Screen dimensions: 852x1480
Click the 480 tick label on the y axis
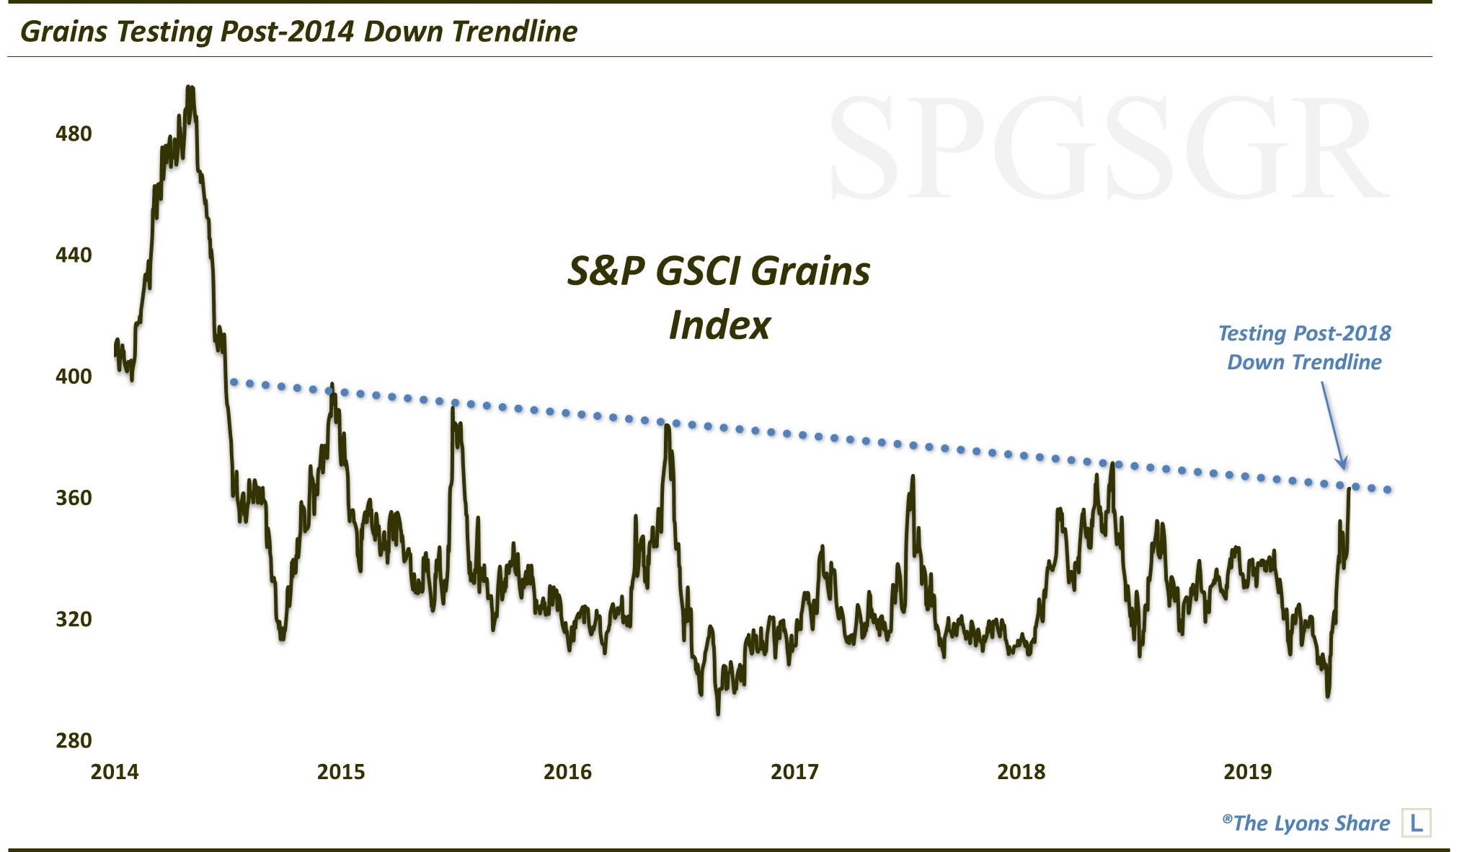point(74,133)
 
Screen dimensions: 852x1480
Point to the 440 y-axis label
point(74,255)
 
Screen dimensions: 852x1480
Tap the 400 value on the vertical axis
point(74,376)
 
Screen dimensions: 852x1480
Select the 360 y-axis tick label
point(74,498)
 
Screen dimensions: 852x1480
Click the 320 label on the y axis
point(74,619)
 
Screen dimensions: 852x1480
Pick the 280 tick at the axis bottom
point(74,740)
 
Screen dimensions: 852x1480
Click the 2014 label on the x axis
point(115,772)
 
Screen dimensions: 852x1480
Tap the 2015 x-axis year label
point(341,772)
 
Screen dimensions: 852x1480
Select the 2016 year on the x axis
point(567,772)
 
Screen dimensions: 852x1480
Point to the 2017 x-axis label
point(794,772)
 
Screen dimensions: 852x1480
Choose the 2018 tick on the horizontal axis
point(1021,772)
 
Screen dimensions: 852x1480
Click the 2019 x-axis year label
point(1248,772)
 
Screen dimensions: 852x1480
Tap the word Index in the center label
point(719,325)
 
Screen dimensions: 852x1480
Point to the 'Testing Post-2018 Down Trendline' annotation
point(1304,347)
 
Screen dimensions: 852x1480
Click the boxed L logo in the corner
point(1416,822)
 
